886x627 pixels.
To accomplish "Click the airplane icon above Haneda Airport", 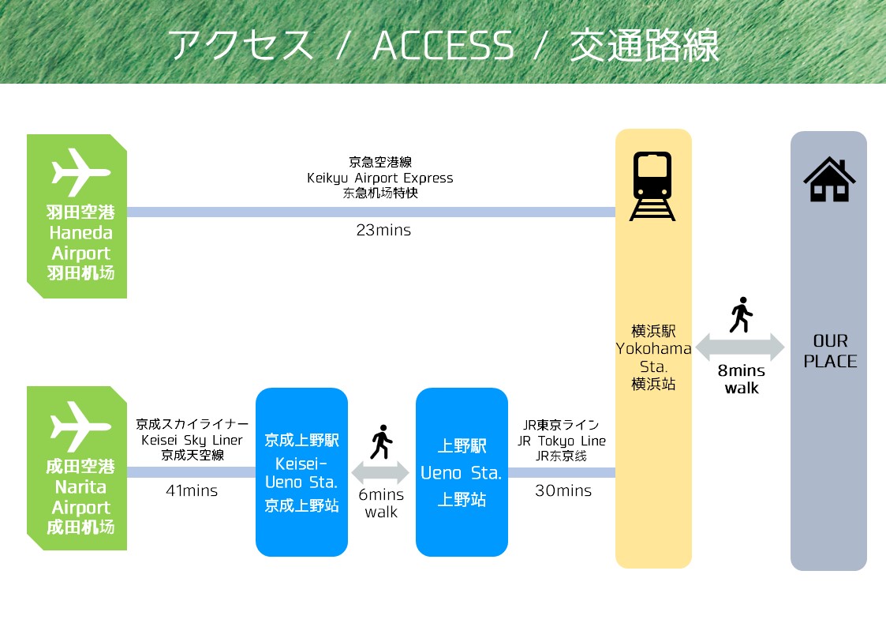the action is pyautogui.click(x=80, y=172).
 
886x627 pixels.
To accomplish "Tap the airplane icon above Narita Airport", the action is pyautogui.click(x=80, y=426).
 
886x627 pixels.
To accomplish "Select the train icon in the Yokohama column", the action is pyautogui.click(x=652, y=186).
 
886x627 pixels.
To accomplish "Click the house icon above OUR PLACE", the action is pyautogui.click(x=829, y=179).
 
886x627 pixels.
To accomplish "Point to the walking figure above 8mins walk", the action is pyautogui.click(x=741, y=315).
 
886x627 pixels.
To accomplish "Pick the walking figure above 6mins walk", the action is pyautogui.click(x=381, y=441).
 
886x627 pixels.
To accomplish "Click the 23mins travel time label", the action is pyautogui.click(x=383, y=230).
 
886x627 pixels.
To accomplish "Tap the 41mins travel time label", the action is pyautogui.click(x=192, y=490).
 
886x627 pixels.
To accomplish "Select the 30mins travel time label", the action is pyautogui.click(x=563, y=490).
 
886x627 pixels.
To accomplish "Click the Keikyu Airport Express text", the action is pyautogui.click(x=379, y=178).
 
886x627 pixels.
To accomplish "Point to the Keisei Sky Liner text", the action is pyautogui.click(x=192, y=440).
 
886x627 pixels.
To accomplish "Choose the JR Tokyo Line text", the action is pyautogui.click(x=561, y=441).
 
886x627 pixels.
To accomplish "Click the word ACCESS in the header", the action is pyautogui.click(x=443, y=46).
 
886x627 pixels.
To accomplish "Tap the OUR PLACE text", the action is pyautogui.click(x=830, y=351).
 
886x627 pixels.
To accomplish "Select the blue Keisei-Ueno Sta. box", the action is pyautogui.click(x=301, y=472).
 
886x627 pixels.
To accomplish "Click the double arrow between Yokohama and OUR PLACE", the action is pyautogui.click(x=740, y=347).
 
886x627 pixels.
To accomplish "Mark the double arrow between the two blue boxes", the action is pyautogui.click(x=381, y=473).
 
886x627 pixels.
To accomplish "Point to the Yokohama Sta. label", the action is pyautogui.click(x=653, y=357).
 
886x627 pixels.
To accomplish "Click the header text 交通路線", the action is pyautogui.click(x=644, y=46).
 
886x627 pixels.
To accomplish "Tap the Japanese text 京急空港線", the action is pyautogui.click(x=380, y=162).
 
